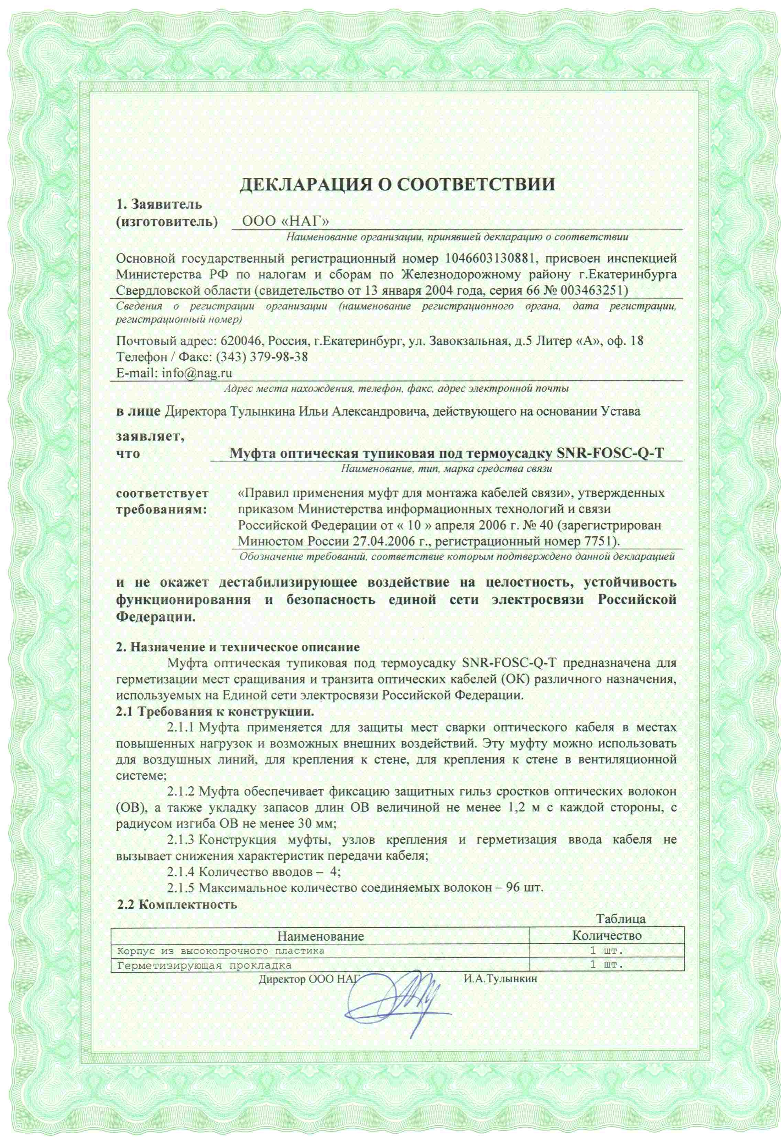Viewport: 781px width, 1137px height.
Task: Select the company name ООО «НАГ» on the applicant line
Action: (x=285, y=221)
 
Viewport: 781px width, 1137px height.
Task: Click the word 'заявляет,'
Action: (x=150, y=437)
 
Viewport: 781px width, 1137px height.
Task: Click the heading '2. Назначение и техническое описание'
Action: (x=237, y=647)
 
